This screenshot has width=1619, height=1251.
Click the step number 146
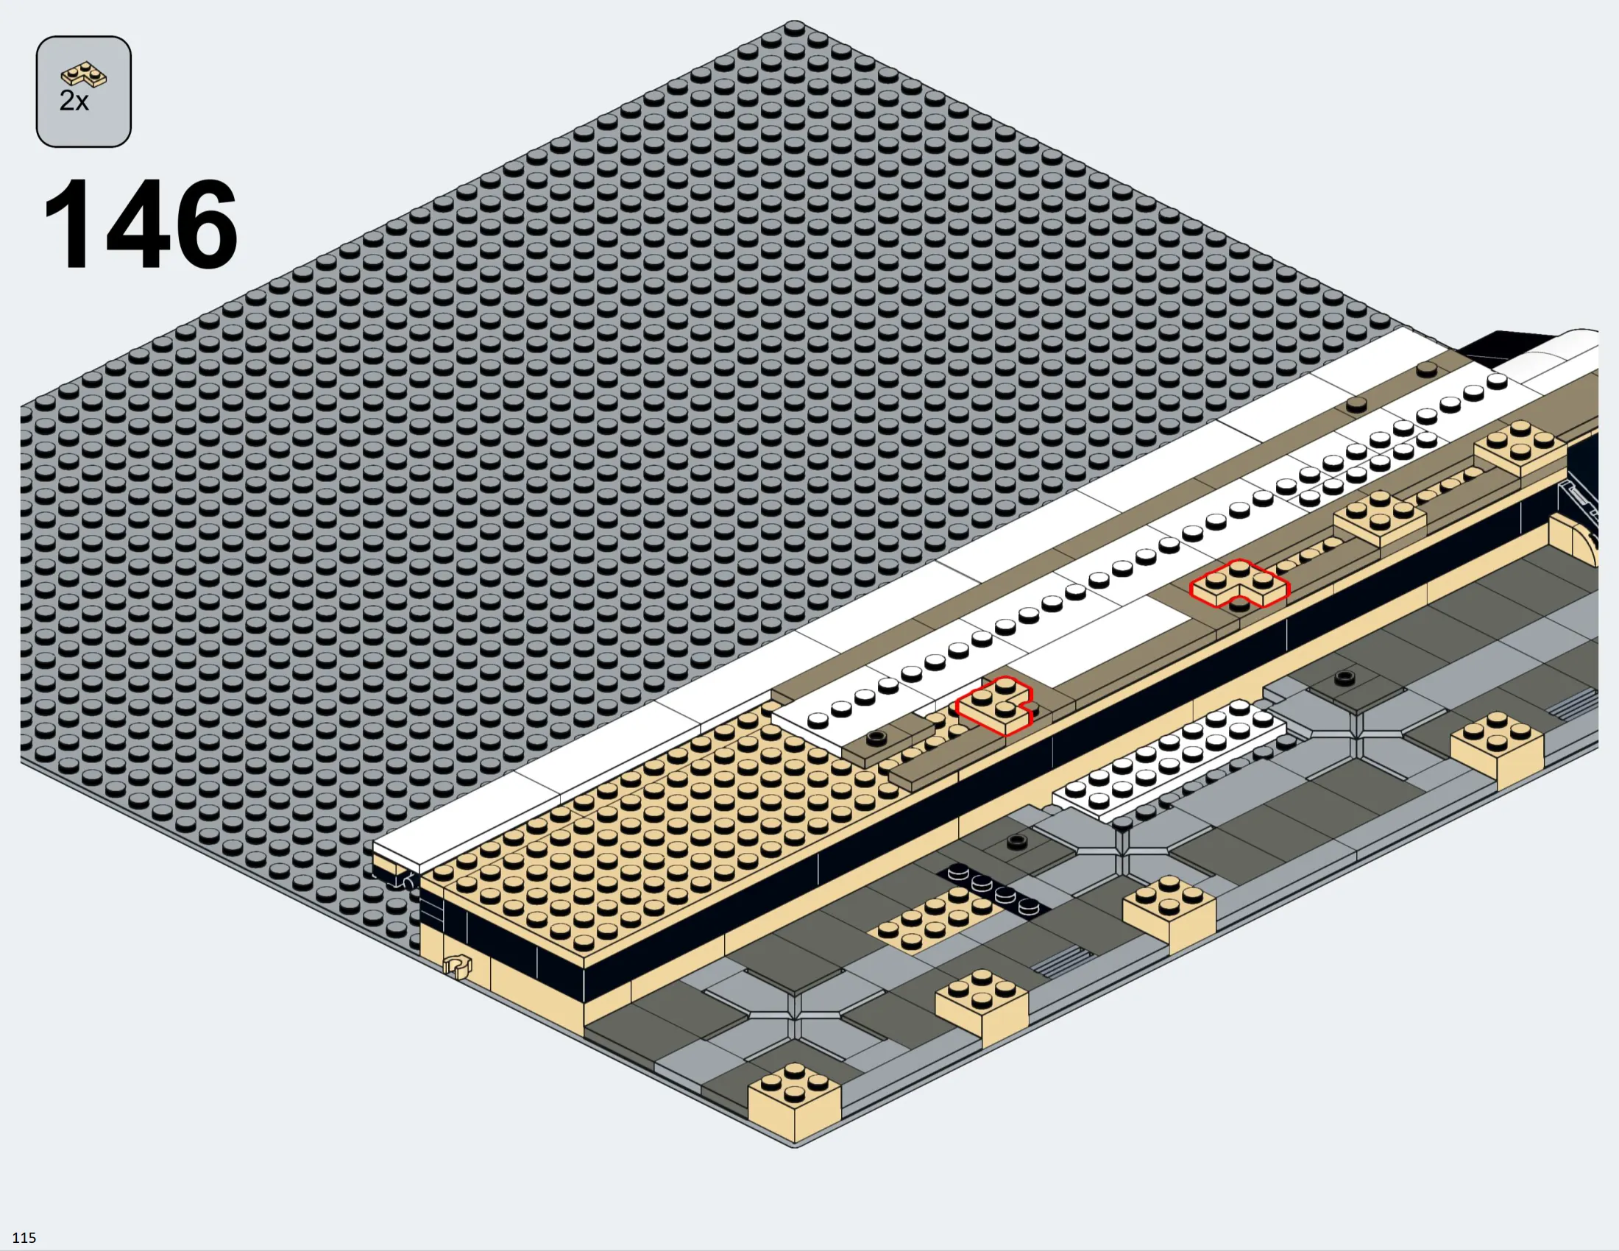tap(141, 222)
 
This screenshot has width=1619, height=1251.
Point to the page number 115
tap(24, 1238)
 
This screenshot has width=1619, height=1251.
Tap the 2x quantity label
tap(74, 101)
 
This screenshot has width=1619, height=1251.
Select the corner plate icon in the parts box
tap(84, 75)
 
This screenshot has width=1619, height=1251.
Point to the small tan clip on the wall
tap(458, 965)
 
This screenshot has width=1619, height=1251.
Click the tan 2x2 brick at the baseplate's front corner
tap(795, 1100)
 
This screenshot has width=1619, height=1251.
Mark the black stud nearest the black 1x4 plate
tap(1017, 840)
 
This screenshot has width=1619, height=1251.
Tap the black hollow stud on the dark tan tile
tap(876, 737)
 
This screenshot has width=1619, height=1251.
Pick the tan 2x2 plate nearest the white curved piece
tap(1520, 447)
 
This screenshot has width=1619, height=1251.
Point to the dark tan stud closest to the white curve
tap(1426, 369)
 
